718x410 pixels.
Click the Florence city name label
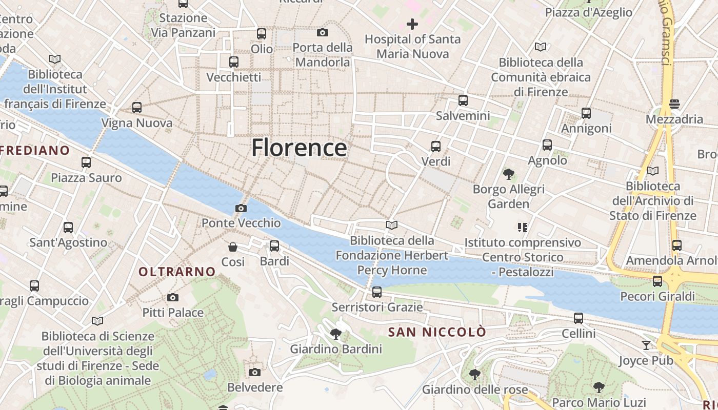(x=299, y=148)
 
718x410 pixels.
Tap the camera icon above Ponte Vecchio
(x=241, y=208)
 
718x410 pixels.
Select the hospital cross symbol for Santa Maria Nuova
(x=412, y=24)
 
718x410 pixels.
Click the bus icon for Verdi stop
(x=436, y=147)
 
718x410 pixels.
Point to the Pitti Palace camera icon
(x=173, y=297)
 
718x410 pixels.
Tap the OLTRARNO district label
(x=177, y=272)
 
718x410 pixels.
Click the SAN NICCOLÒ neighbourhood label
(x=437, y=332)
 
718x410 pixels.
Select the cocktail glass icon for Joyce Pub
(x=646, y=345)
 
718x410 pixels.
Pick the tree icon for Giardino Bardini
(x=336, y=334)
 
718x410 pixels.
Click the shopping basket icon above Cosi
(x=233, y=247)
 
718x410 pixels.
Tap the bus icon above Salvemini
(x=463, y=100)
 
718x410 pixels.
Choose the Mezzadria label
(x=674, y=119)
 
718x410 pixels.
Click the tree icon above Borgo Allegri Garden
(x=508, y=174)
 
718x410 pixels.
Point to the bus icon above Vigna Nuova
(x=137, y=108)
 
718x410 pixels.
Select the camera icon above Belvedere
(x=255, y=372)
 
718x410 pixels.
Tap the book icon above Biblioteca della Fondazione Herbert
(x=392, y=225)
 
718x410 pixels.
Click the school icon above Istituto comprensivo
(x=523, y=227)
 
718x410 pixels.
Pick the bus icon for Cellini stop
(x=579, y=318)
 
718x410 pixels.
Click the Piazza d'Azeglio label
(x=588, y=12)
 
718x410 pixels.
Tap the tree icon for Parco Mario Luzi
(x=599, y=387)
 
